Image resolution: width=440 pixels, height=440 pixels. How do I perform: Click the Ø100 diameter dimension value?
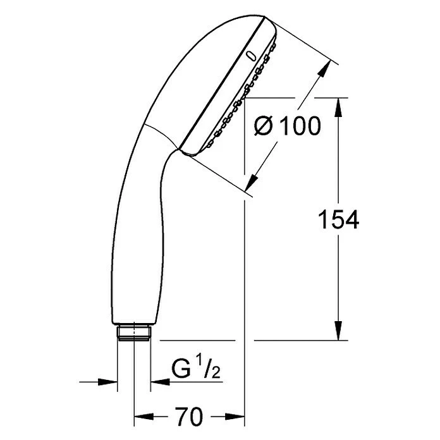pyautogui.click(x=287, y=126)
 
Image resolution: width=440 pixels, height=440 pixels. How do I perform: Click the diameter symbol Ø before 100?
pyautogui.click(x=265, y=126)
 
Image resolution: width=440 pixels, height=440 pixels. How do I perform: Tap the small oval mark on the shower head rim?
pyautogui.click(x=252, y=56)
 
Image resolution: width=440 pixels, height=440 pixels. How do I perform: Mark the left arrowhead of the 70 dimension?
pyautogui.click(x=142, y=417)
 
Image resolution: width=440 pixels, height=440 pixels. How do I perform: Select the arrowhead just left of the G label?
pyautogui.click(x=158, y=382)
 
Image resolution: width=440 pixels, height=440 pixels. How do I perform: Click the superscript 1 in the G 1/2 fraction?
pyautogui.click(x=197, y=364)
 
